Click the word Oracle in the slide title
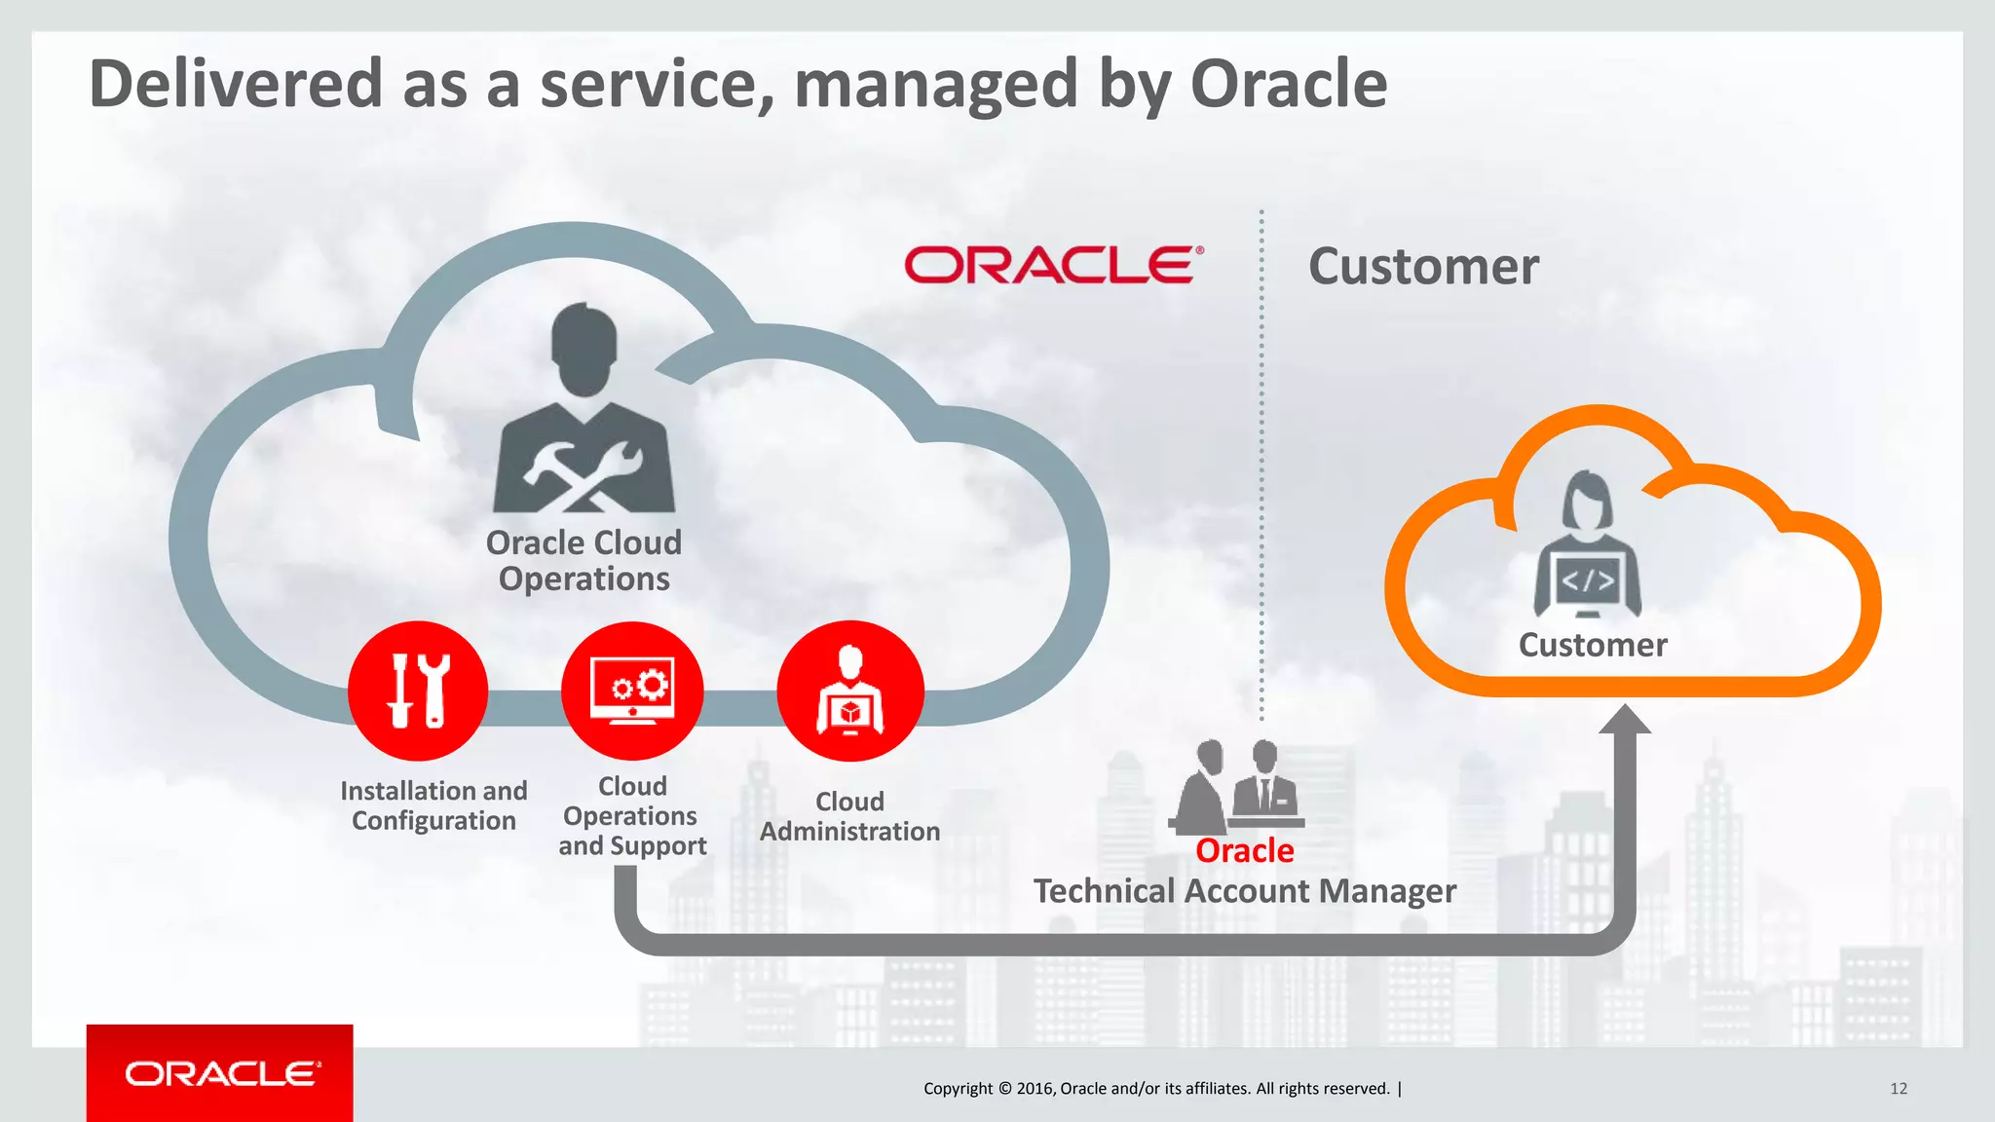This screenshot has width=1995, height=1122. click(1288, 84)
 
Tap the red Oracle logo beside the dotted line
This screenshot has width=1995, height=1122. click(1053, 265)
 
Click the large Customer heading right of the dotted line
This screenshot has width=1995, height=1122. click(1423, 267)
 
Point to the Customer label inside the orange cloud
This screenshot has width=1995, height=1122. click(1593, 645)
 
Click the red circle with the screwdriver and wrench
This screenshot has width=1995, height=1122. click(418, 691)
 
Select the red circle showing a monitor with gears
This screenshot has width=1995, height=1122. click(632, 691)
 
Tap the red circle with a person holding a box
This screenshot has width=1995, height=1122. click(849, 691)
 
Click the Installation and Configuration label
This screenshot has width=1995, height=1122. click(433, 805)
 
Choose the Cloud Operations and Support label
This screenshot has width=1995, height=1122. click(632, 816)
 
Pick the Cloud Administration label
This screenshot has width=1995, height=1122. click(849, 816)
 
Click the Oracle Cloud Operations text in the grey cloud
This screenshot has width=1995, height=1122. click(583, 561)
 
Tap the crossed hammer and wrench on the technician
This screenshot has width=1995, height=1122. click(583, 475)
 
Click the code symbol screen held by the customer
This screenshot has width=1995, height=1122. click(1588, 581)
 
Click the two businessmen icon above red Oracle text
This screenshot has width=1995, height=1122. click(1237, 785)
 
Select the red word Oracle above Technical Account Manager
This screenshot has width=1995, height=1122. click(1244, 851)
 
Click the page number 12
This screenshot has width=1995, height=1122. click(1898, 1089)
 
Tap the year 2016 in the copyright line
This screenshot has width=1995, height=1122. click(1034, 1089)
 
